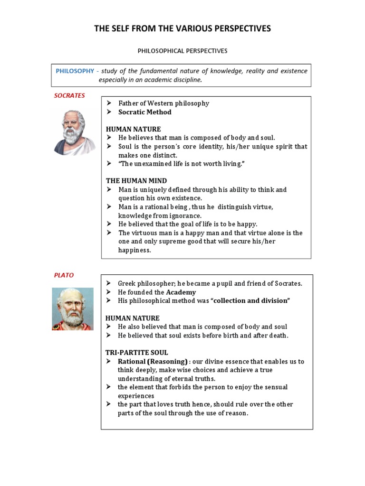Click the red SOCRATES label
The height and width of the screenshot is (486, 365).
(69, 95)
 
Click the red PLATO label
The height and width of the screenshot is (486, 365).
(63, 275)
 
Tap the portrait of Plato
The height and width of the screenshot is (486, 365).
(73, 309)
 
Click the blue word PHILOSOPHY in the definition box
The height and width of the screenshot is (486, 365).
(75, 71)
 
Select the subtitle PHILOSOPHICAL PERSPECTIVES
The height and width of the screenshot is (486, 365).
(182, 51)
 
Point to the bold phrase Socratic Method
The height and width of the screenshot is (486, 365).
(145, 112)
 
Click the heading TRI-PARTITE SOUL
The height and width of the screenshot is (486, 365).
(136, 353)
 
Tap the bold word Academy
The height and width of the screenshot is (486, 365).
(181, 292)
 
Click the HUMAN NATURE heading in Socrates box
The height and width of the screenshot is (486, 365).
(133, 129)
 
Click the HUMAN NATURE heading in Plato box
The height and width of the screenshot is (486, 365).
(133, 318)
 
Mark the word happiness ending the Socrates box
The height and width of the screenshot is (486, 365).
(134, 250)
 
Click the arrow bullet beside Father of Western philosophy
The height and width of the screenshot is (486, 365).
(109, 103)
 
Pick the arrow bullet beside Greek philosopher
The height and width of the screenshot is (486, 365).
(108, 284)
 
